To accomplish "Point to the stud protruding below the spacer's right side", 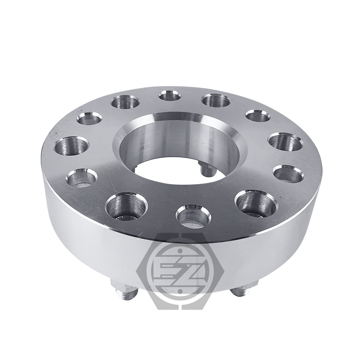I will coord(240,291).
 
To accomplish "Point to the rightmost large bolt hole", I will coord(285,141).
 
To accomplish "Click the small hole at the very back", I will coord(169,96).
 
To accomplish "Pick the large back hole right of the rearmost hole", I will coord(215,99).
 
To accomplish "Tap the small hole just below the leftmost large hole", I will coord(82,178).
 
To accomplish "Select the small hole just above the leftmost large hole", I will coord(89,119).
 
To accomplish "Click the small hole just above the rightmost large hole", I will coord(258,115).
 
